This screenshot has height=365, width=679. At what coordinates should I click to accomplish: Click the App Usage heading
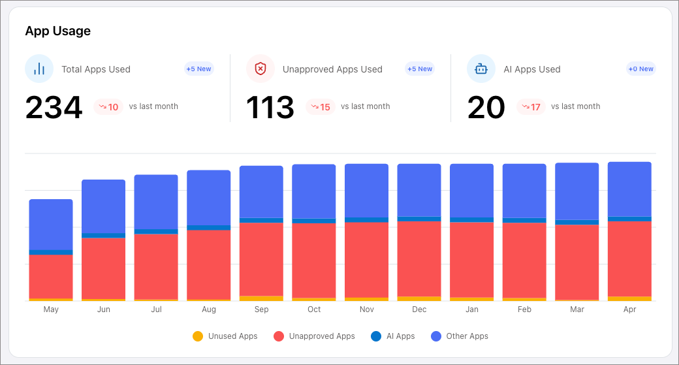click(x=57, y=31)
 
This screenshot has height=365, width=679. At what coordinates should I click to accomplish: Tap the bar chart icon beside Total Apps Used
click(x=39, y=69)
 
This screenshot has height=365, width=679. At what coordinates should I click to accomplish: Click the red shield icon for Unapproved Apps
click(x=260, y=69)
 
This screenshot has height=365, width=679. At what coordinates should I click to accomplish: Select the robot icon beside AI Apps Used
click(x=481, y=69)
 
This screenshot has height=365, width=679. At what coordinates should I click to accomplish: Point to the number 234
click(x=54, y=108)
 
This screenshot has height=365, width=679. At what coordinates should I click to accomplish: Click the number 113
click(x=270, y=108)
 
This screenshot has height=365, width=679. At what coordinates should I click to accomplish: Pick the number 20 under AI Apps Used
click(x=486, y=108)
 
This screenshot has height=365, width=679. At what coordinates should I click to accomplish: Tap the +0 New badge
click(x=640, y=69)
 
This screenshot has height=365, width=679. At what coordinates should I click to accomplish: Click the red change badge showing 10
click(x=108, y=107)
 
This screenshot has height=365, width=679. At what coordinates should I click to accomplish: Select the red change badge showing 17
click(x=530, y=107)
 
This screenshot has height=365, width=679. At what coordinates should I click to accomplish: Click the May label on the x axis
click(x=51, y=309)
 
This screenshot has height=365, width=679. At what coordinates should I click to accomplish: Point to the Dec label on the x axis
click(x=419, y=309)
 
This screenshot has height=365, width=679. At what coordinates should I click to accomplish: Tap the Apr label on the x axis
click(x=629, y=309)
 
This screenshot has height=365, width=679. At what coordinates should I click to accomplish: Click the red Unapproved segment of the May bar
click(x=51, y=276)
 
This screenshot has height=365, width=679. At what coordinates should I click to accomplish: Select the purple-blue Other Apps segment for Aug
click(x=209, y=197)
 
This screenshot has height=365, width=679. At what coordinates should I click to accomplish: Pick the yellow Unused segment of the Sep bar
click(x=261, y=298)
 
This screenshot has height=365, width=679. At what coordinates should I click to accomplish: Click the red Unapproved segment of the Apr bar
click(x=629, y=259)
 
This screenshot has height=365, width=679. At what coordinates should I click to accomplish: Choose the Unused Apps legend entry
click(x=225, y=336)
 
